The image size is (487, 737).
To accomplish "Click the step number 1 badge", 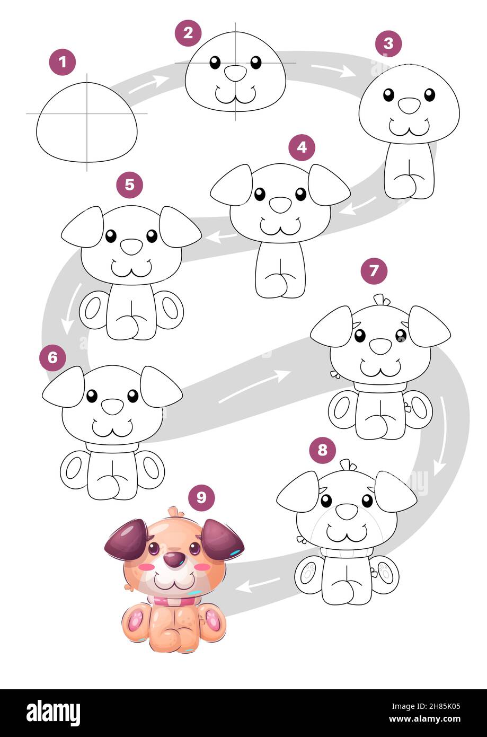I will click(x=63, y=63).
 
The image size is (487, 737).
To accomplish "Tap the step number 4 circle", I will click(x=302, y=147).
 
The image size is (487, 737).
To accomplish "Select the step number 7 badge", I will click(x=374, y=271).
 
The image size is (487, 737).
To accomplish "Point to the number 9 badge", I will click(x=201, y=497).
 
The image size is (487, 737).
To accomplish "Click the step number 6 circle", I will click(x=52, y=357).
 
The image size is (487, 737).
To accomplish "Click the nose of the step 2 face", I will click(x=235, y=73).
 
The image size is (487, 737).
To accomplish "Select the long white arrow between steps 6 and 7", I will click(x=254, y=386).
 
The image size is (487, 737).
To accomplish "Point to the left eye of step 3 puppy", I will click(x=388, y=95).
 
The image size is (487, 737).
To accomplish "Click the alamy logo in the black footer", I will click(x=53, y=713).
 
